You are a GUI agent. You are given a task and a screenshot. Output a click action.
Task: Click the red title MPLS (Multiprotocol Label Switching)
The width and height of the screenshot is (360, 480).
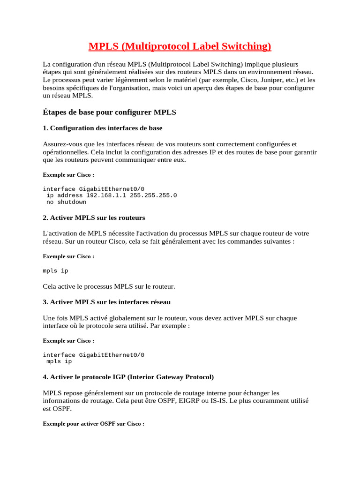(180, 46)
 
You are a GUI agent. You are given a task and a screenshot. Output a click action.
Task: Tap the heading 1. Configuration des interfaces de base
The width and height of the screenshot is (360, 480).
(103, 128)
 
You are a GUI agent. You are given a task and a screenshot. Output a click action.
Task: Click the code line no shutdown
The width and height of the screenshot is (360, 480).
(66, 202)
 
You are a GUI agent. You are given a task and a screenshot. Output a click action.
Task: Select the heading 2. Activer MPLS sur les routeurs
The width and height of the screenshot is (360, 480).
(94, 218)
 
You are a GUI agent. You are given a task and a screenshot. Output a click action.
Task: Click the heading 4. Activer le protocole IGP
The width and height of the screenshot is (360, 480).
(128, 377)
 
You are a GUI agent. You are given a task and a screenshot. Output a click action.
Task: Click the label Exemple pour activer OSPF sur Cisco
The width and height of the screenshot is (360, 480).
(93, 424)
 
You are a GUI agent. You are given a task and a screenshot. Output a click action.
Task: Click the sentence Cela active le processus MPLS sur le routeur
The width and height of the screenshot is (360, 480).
(109, 286)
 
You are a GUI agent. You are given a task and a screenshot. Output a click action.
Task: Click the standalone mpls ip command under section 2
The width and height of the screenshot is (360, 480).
(55, 271)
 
